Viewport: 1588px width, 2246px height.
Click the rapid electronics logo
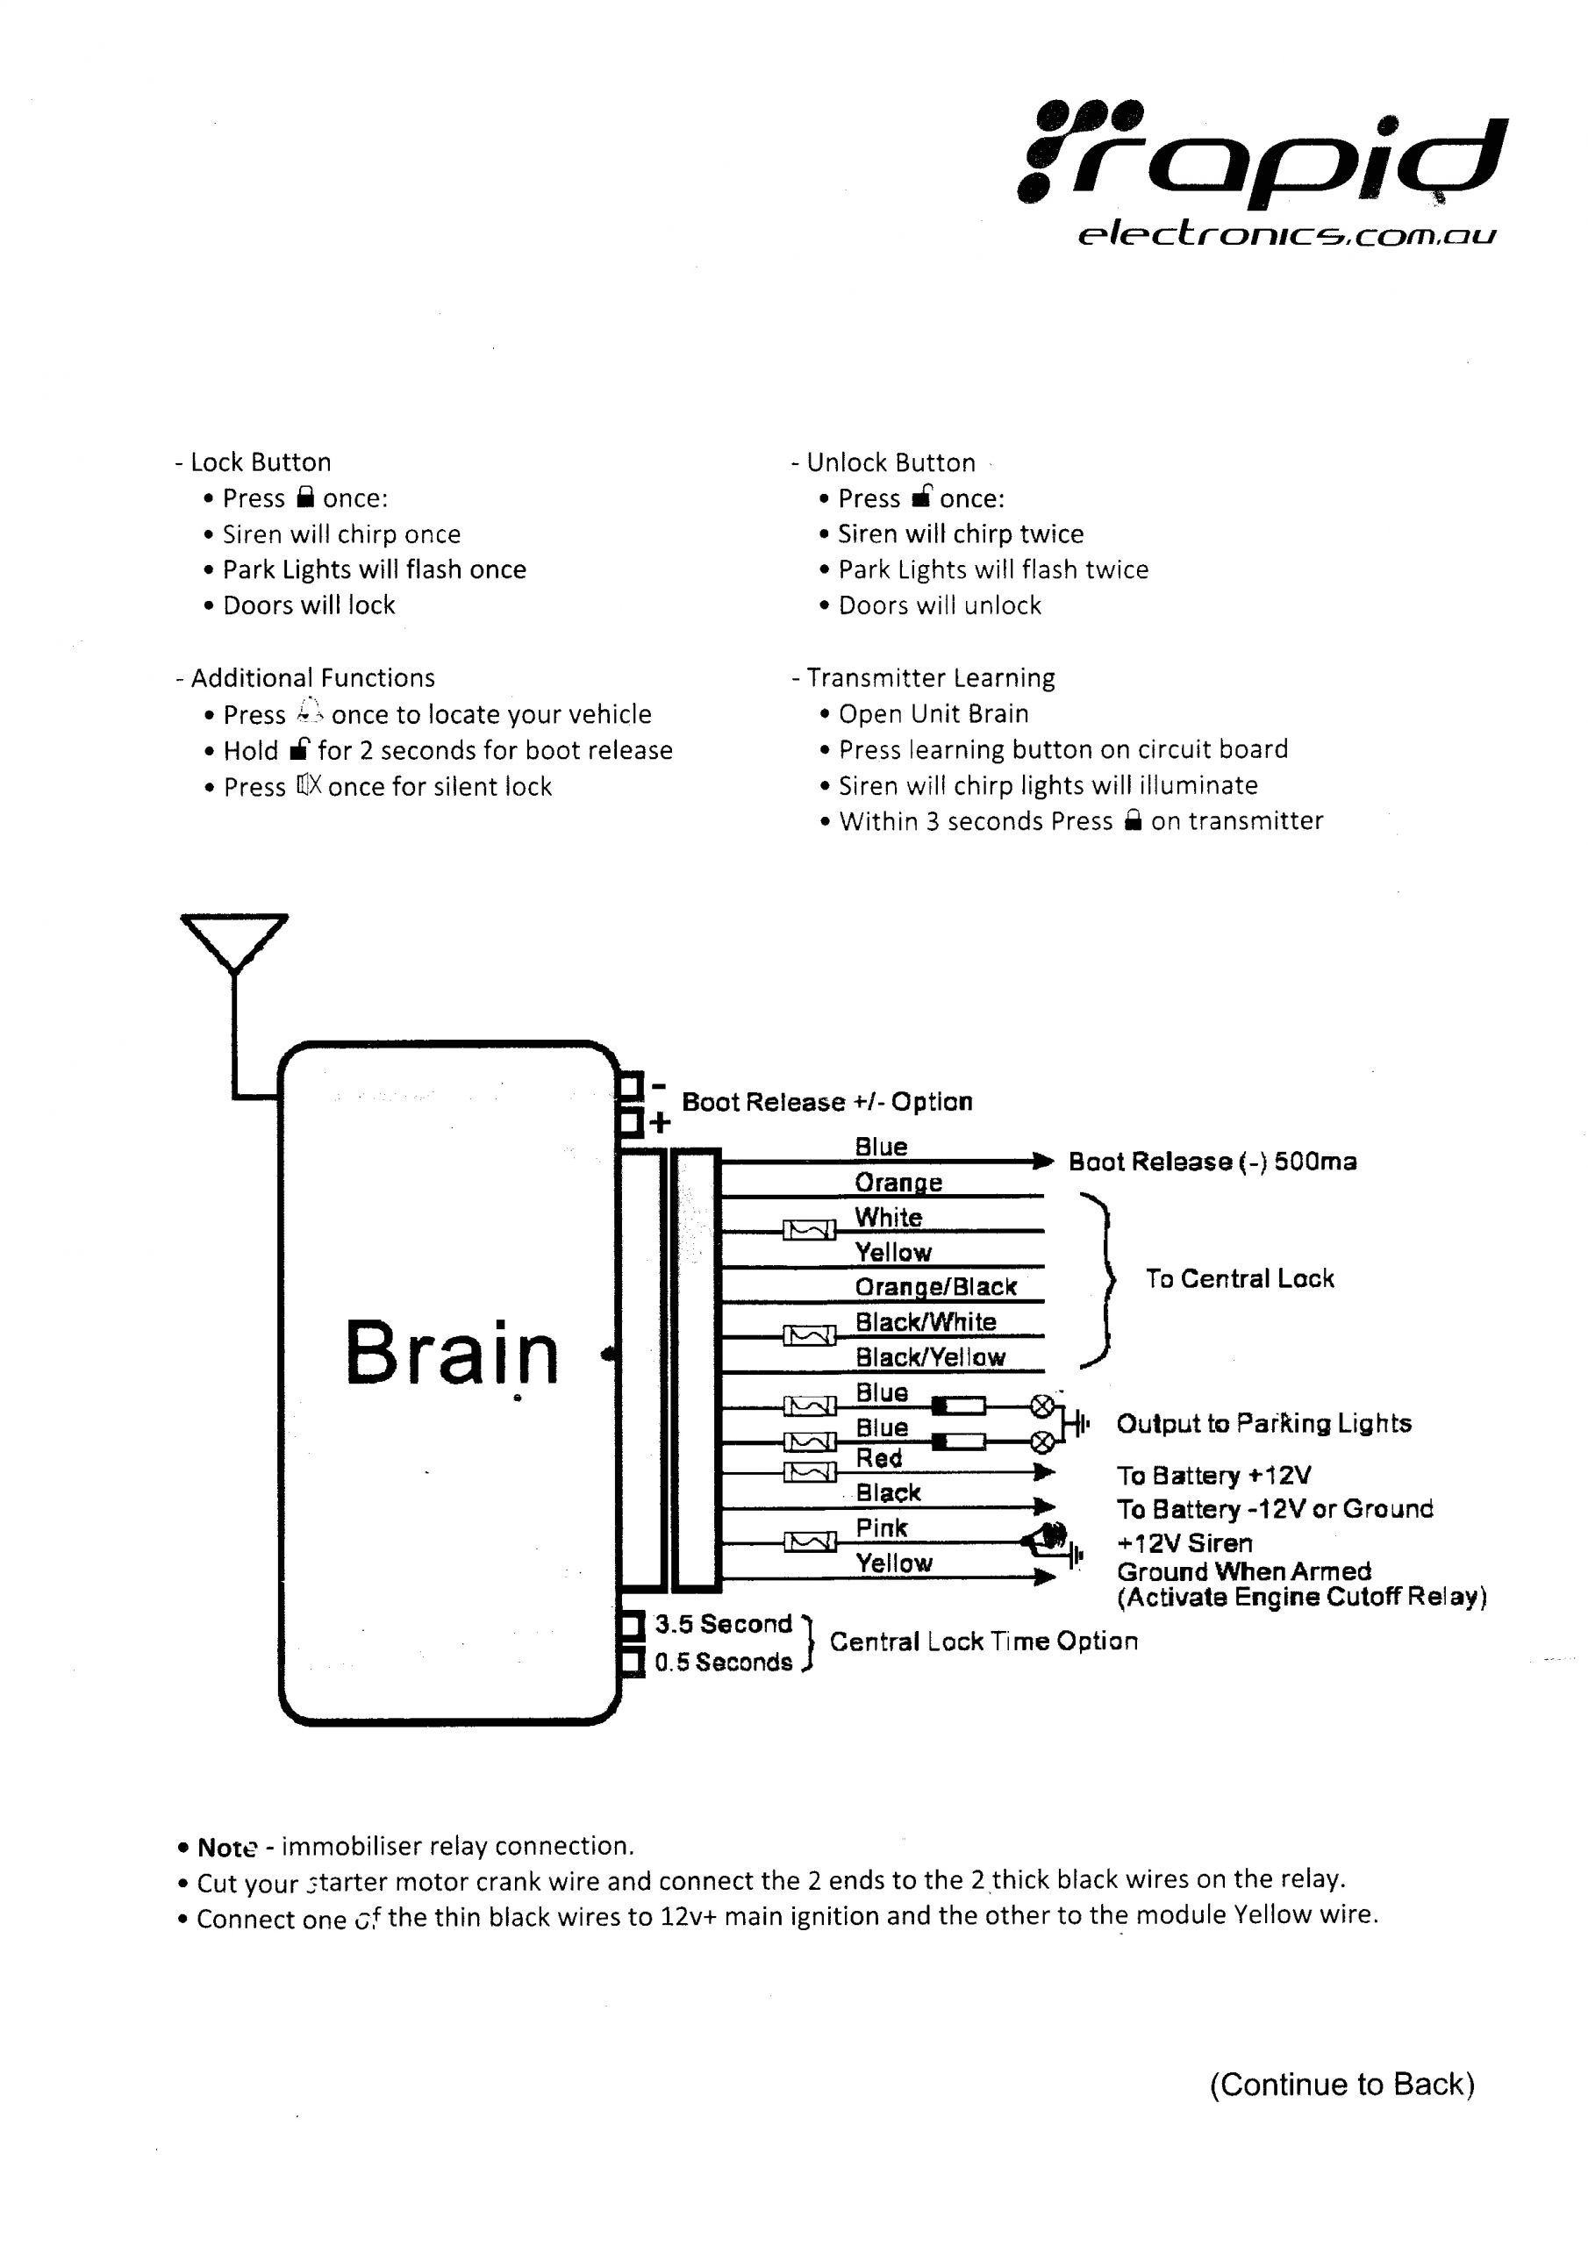click(1263, 171)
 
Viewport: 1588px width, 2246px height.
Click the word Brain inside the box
click(451, 1354)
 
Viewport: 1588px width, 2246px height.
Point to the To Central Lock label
click(1239, 1278)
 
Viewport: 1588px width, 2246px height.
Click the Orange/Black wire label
click(935, 1286)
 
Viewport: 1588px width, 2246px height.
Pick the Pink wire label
click(882, 1528)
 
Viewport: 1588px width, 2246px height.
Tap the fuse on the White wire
click(809, 1230)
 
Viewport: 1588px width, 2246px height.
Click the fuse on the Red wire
click(809, 1472)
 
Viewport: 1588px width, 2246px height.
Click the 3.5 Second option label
click(723, 1624)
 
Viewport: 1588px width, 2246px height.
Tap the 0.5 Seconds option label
click(723, 1662)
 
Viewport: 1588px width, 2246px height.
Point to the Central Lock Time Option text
click(984, 1642)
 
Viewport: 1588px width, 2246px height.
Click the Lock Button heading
click(261, 461)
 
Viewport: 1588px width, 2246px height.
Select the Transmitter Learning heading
click(929, 678)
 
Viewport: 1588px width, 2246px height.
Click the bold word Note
click(227, 1848)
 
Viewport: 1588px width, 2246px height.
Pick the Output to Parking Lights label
click(1263, 1423)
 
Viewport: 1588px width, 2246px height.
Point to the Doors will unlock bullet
click(940, 605)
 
